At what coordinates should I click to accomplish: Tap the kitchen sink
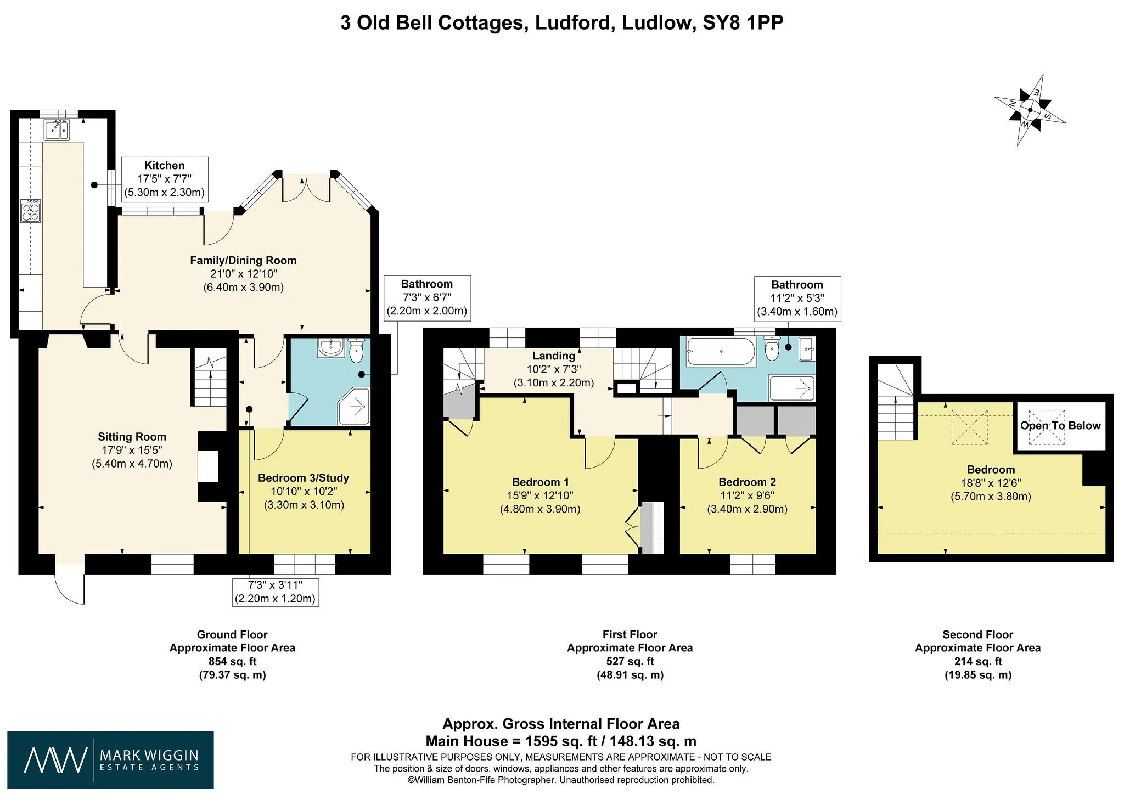(57, 130)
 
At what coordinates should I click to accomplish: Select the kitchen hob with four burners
(31, 211)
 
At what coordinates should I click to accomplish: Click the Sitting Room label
(132, 437)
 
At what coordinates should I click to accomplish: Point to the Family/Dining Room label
(243, 261)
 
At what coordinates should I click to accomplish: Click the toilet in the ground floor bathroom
(356, 351)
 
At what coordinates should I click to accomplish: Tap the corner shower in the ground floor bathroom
(355, 407)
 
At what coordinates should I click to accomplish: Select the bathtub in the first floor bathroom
(721, 352)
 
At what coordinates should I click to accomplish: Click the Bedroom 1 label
(540, 482)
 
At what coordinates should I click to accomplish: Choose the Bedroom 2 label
(747, 482)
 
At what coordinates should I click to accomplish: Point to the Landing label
(554, 356)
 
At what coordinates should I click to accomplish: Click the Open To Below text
(1060, 426)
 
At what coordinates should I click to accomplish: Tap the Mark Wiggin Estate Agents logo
(111, 760)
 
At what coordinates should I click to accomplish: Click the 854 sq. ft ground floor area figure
(232, 661)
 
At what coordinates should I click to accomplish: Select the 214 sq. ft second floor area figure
(978, 661)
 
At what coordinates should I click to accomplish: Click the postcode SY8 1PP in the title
(743, 22)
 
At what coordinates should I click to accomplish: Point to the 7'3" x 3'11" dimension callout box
(275, 592)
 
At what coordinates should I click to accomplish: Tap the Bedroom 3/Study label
(304, 478)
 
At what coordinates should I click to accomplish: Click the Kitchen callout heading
(164, 165)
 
